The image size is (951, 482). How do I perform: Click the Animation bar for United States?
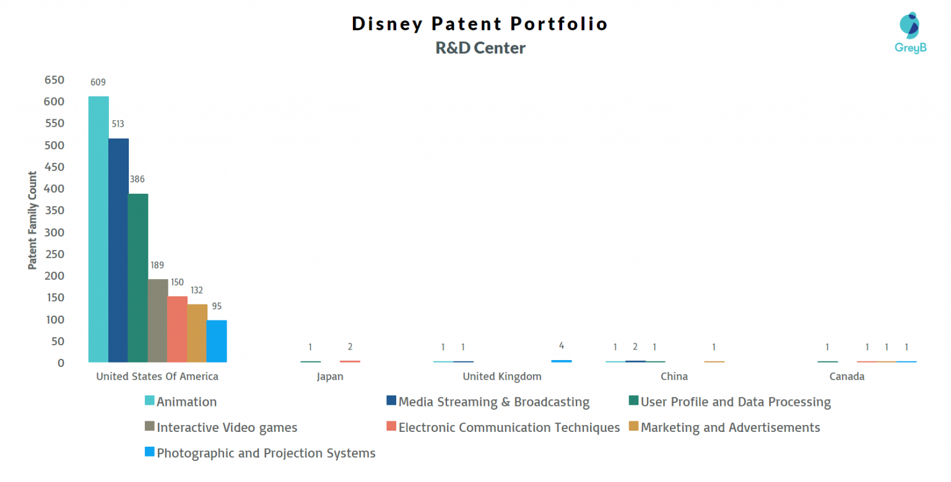click(98, 229)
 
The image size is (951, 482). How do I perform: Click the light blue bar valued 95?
click(217, 341)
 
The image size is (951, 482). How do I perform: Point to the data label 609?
click(98, 82)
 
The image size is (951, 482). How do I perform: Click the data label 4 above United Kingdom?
click(562, 346)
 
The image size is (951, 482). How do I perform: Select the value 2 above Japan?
click(350, 346)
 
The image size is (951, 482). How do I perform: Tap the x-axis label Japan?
click(329, 376)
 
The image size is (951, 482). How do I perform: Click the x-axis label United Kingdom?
click(502, 376)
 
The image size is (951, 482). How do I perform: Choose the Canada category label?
click(847, 376)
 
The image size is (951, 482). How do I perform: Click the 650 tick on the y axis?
click(54, 80)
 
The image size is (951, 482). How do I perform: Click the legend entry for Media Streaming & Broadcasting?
click(493, 402)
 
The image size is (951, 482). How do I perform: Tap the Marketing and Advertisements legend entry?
click(730, 428)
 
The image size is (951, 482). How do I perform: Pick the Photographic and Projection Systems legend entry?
click(266, 453)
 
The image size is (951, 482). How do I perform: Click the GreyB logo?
click(910, 32)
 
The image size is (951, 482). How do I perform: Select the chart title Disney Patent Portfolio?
click(480, 24)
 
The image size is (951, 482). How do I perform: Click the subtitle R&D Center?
click(480, 48)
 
